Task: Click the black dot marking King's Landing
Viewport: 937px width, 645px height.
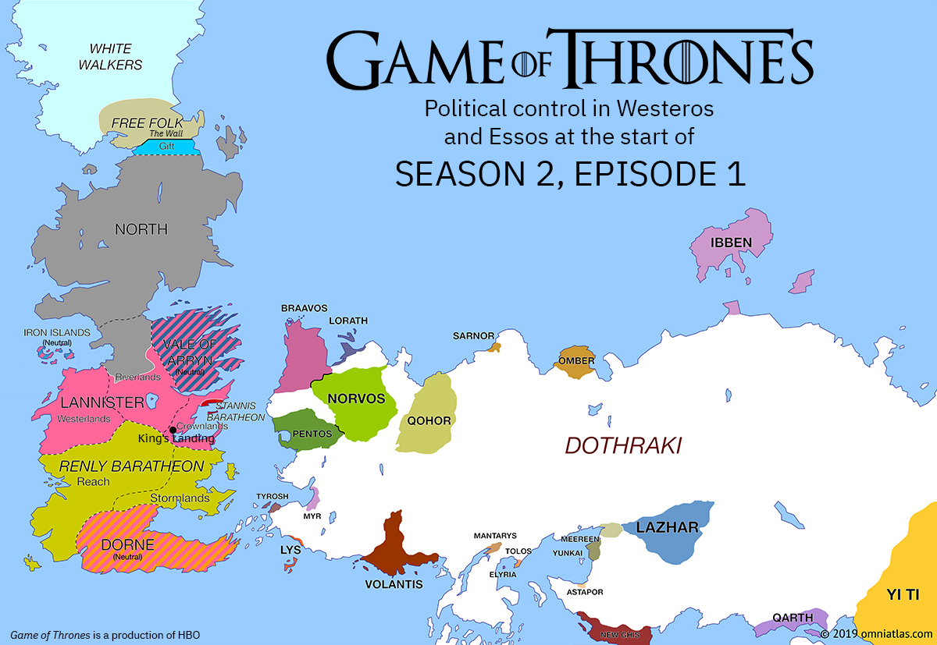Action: [x=173, y=430]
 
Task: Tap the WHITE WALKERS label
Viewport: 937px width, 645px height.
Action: [x=110, y=57]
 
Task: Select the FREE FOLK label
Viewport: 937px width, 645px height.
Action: [x=148, y=123]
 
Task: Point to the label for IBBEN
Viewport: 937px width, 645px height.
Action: [x=732, y=243]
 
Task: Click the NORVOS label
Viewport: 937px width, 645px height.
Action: [x=357, y=399]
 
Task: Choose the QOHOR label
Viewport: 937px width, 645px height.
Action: [x=429, y=421]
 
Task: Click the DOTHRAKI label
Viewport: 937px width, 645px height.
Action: [x=623, y=445]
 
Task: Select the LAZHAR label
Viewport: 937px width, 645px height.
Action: [x=667, y=528]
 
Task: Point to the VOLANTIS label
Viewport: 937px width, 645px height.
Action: [x=394, y=584]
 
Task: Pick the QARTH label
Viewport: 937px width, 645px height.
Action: [x=793, y=618]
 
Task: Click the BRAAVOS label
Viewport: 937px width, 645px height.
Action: [x=305, y=309]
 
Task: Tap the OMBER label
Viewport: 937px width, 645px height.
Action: [x=577, y=361]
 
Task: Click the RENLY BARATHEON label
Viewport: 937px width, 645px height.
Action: [x=132, y=466]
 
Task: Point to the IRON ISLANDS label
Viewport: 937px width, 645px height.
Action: [x=57, y=333]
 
